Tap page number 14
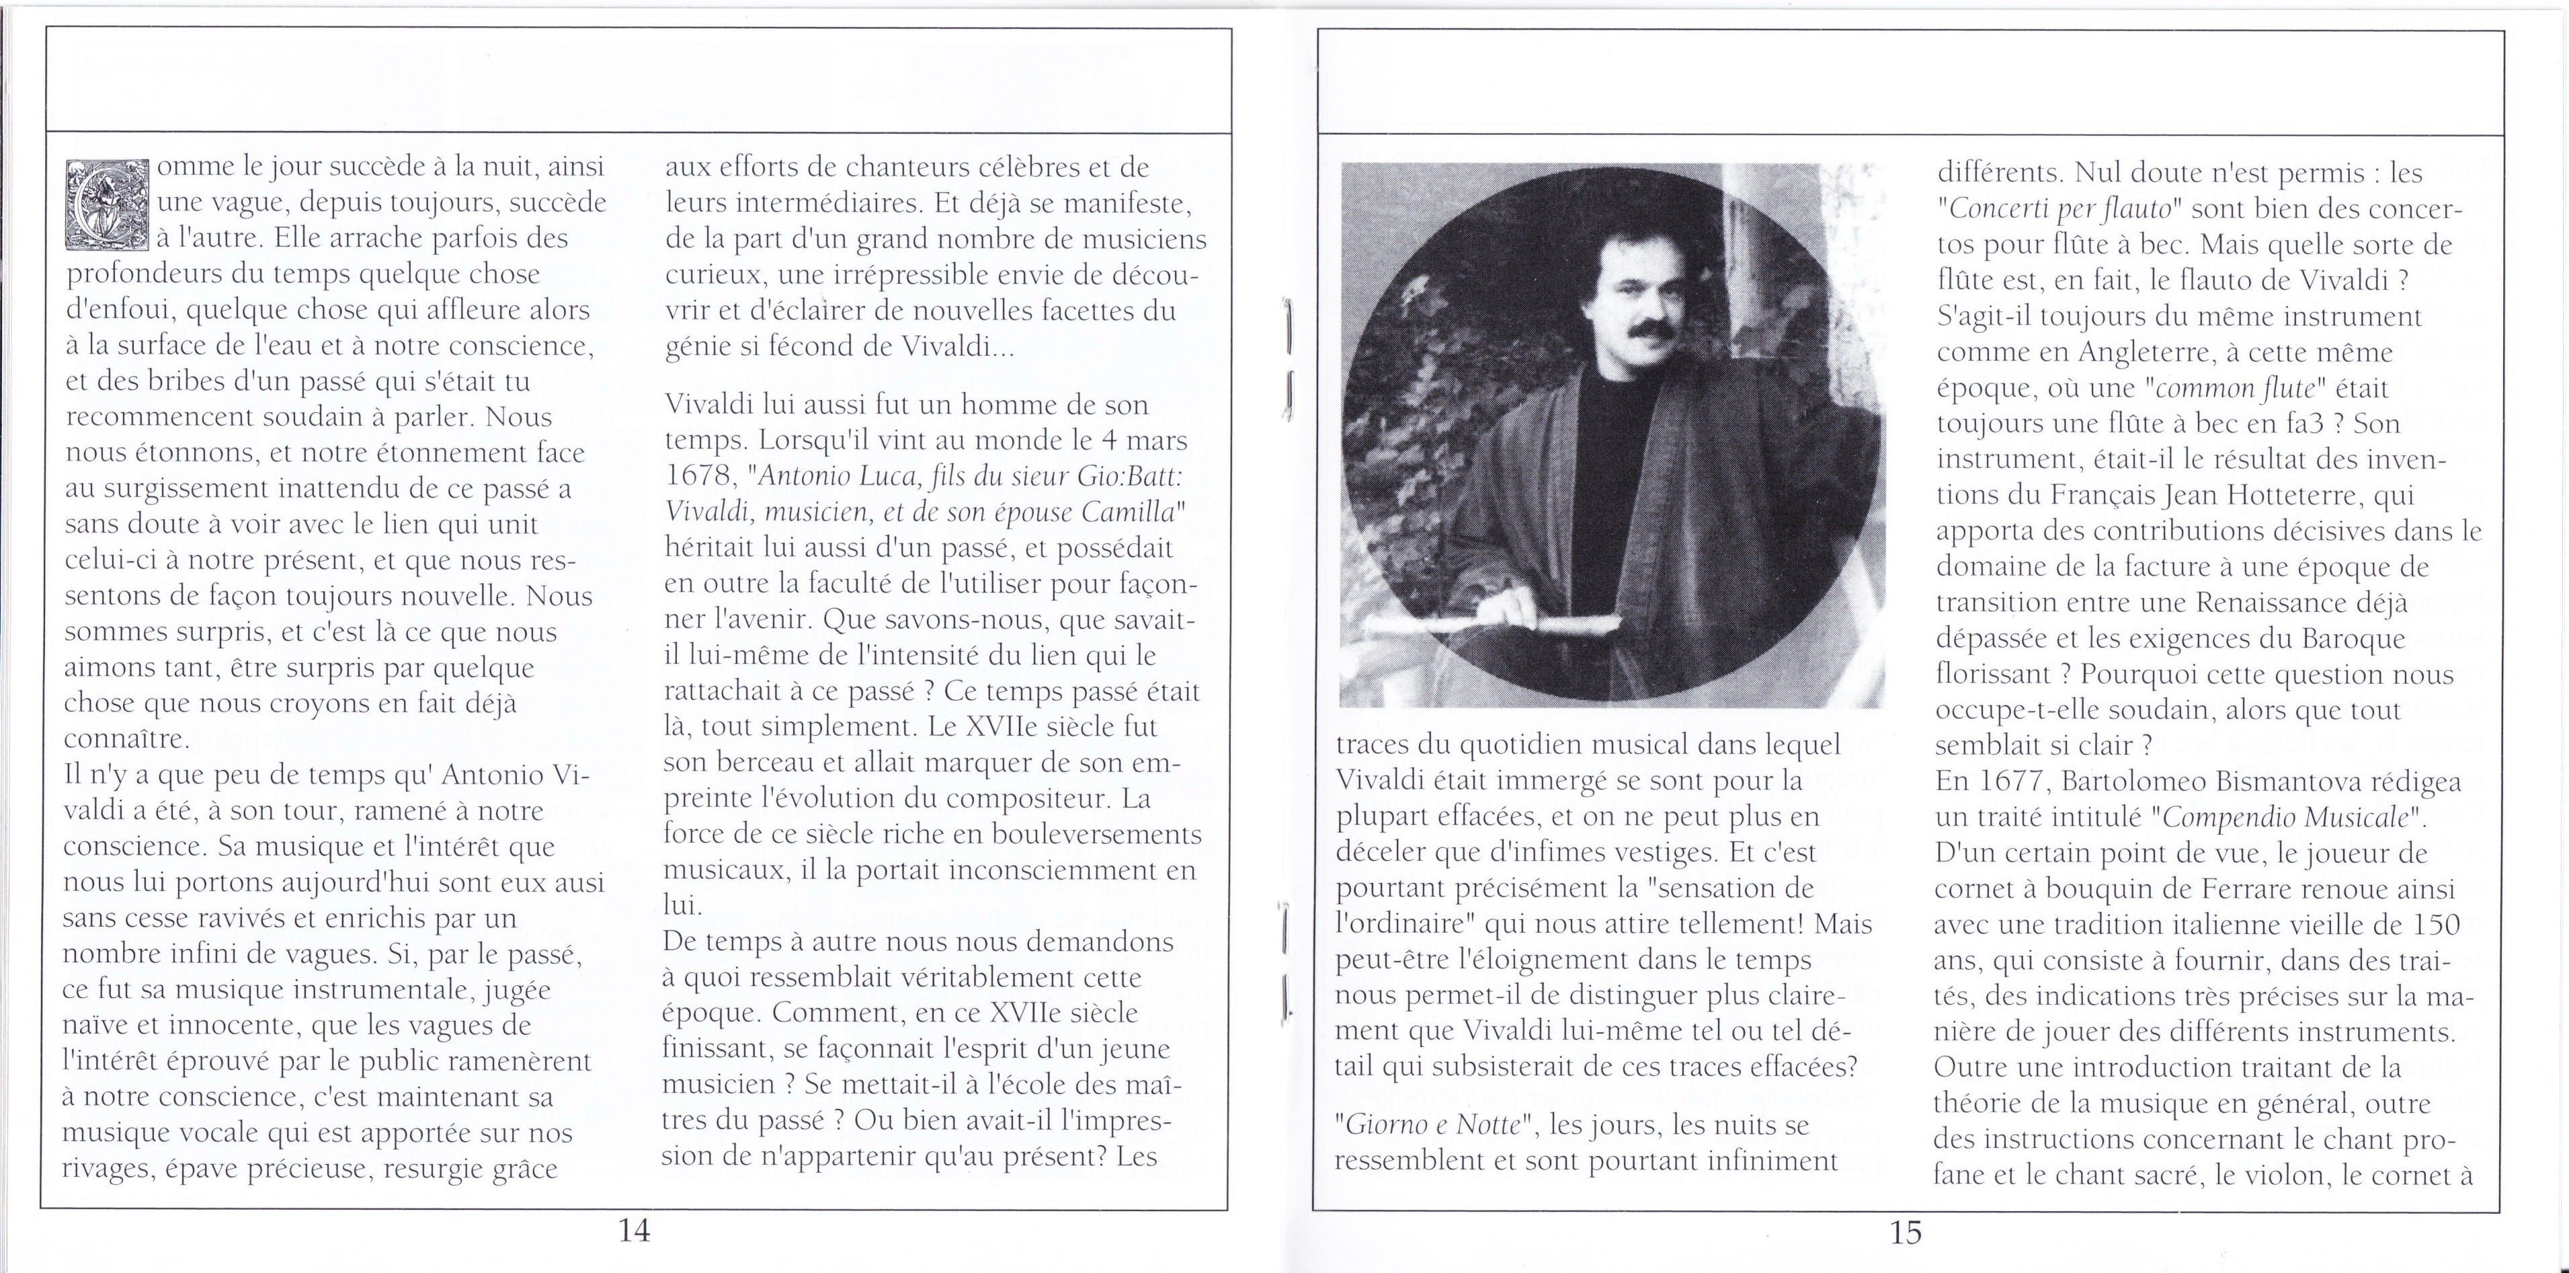click(635, 1230)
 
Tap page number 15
click(1905, 1232)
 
